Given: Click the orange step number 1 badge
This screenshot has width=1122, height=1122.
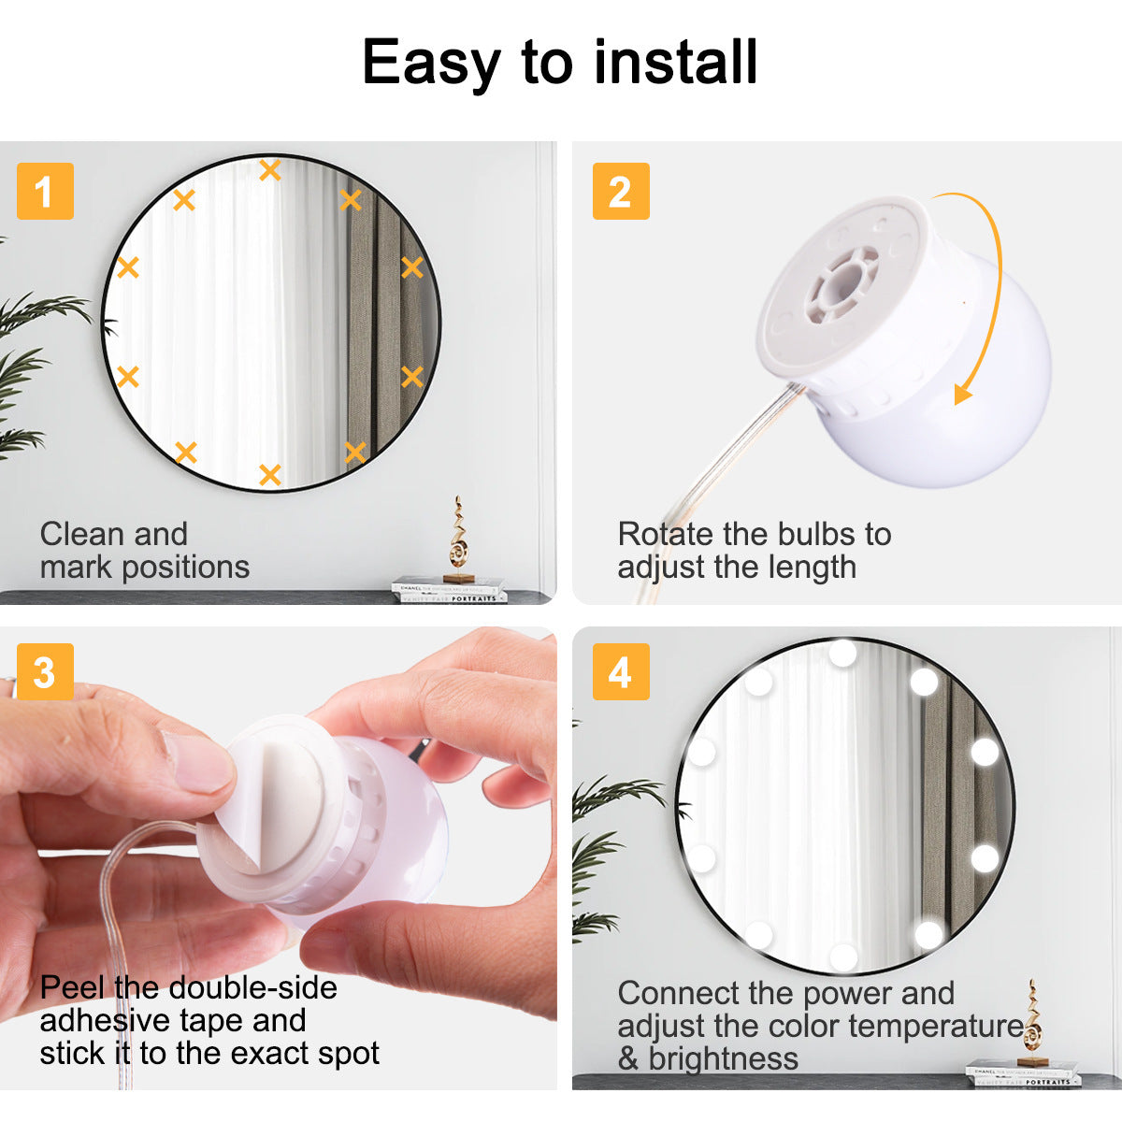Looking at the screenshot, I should (x=45, y=192).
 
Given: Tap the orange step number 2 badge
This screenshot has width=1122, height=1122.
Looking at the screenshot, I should (x=621, y=192).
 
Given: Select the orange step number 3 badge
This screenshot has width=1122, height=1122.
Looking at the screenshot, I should (x=45, y=672).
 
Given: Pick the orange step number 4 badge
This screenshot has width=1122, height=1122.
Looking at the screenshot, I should (x=621, y=672).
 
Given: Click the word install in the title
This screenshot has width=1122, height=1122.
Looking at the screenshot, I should (x=675, y=63).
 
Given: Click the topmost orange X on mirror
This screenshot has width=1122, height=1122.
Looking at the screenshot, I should (x=270, y=170).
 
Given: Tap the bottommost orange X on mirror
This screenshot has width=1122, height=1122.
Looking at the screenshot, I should (x=270, y=474).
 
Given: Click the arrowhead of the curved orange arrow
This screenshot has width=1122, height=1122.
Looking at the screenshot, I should (x=963, y=393).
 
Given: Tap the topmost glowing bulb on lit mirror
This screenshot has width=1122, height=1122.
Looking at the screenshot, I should (x=842, y=653).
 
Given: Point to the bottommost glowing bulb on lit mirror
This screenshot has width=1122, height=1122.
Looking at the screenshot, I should (x=842, y=956).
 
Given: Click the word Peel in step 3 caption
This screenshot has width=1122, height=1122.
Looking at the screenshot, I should (x=73, y=987).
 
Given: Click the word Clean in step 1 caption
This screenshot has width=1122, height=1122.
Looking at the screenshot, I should (x=78, y=534).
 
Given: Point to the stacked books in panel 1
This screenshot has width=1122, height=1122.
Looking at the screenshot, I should (x=449, y=590).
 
